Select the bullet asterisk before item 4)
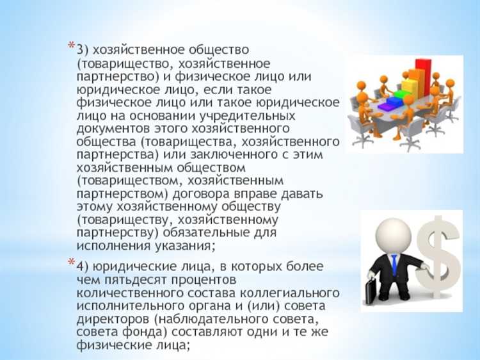coord(72,263)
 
